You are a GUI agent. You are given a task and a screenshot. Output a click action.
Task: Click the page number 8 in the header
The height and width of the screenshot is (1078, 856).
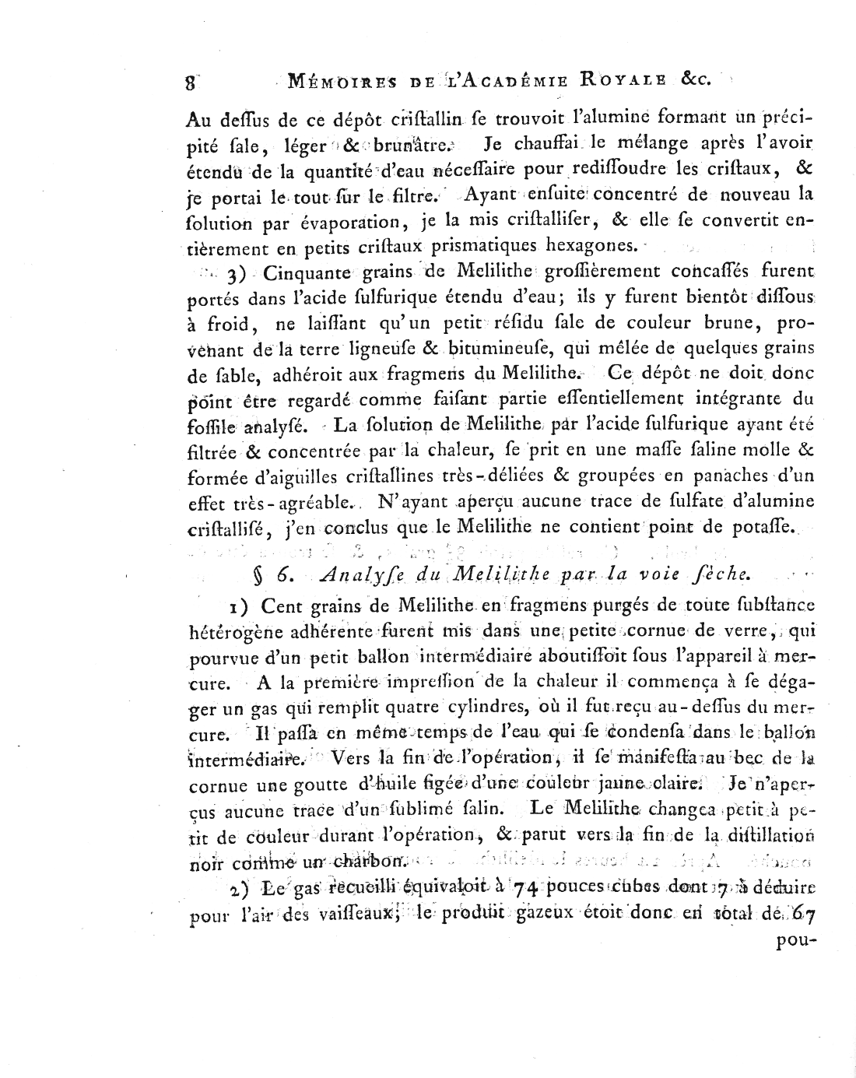pos(191,81)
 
